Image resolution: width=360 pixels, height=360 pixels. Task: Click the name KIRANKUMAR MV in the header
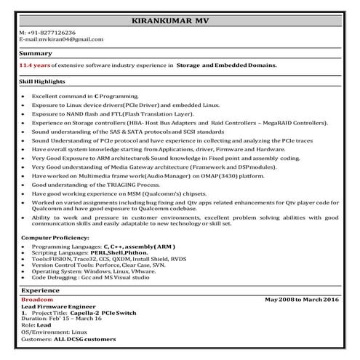click(179, 21)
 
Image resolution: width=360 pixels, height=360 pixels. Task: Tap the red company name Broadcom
click(37, 300)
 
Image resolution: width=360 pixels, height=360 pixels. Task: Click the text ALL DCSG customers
click(86, 339)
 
